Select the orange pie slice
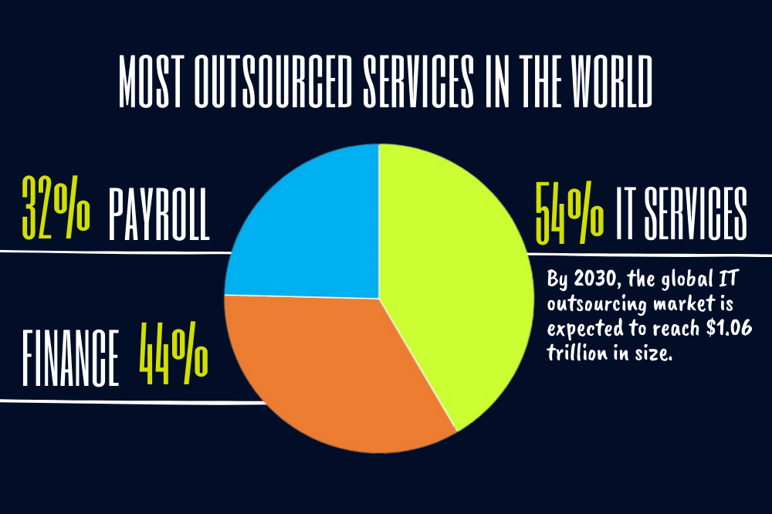click(x=332, y=370)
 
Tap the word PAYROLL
click(x=158, y=210)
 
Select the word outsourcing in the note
click(x=594, y=303)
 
